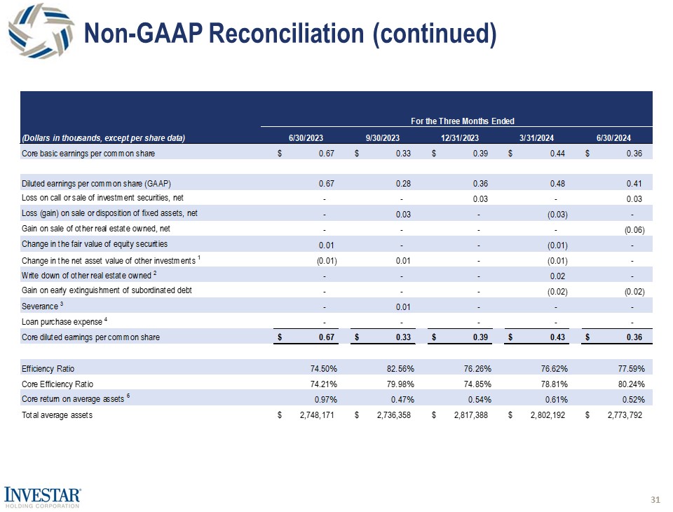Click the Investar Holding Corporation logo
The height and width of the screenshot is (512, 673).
pos(43,497)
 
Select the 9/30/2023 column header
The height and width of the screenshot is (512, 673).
pos(383,137)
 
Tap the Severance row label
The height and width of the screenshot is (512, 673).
pos(44,306)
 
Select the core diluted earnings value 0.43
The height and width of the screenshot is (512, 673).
pos(558,337)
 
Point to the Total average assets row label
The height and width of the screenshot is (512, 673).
pos(57,415)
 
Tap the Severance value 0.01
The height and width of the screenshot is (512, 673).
pos(402,306)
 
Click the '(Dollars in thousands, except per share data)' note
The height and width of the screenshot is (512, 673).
pos(103,137)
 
